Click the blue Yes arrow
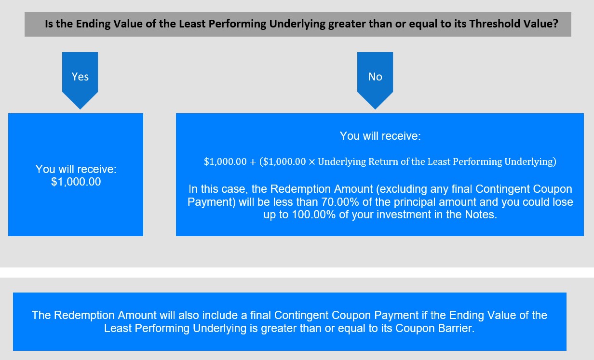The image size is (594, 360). (80, 80)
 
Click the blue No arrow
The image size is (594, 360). (375, 80)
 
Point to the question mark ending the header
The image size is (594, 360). (555, 24)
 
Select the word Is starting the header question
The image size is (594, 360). (49, 24)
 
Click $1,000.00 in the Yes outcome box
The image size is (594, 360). (76, 182)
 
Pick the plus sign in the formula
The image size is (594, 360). (253, 162)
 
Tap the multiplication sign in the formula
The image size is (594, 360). (312, 162)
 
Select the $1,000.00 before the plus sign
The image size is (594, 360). (225, 161)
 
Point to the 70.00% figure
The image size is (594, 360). (340, 202)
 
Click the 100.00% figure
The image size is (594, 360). (314, 214)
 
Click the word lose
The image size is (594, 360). (563, 202)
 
